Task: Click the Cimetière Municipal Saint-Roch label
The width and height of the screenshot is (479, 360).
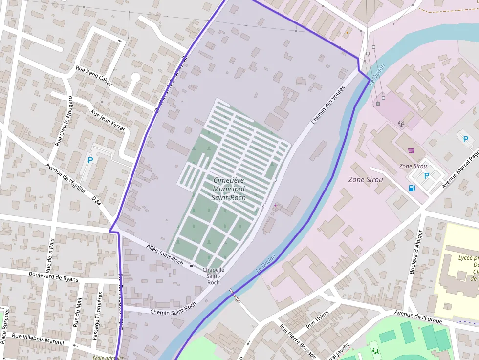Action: pos(229,189)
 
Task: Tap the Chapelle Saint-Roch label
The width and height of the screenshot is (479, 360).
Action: pos(214,276)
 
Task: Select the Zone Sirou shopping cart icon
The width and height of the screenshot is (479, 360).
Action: pos(412,150)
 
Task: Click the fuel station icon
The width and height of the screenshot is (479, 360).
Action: pos(412,188)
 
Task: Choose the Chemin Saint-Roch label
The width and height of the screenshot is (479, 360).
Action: pos(173,308)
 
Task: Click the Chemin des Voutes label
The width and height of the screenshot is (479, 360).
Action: pos(328,105)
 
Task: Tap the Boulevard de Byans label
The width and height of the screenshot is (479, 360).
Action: pos(53,277)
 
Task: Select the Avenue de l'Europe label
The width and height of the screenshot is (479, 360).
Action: pos(418,318)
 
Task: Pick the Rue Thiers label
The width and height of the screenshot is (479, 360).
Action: pos(318,320)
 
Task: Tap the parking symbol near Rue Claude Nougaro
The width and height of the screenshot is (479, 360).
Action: pos(90,160)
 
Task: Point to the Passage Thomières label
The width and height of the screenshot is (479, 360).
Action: pos(96,316)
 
